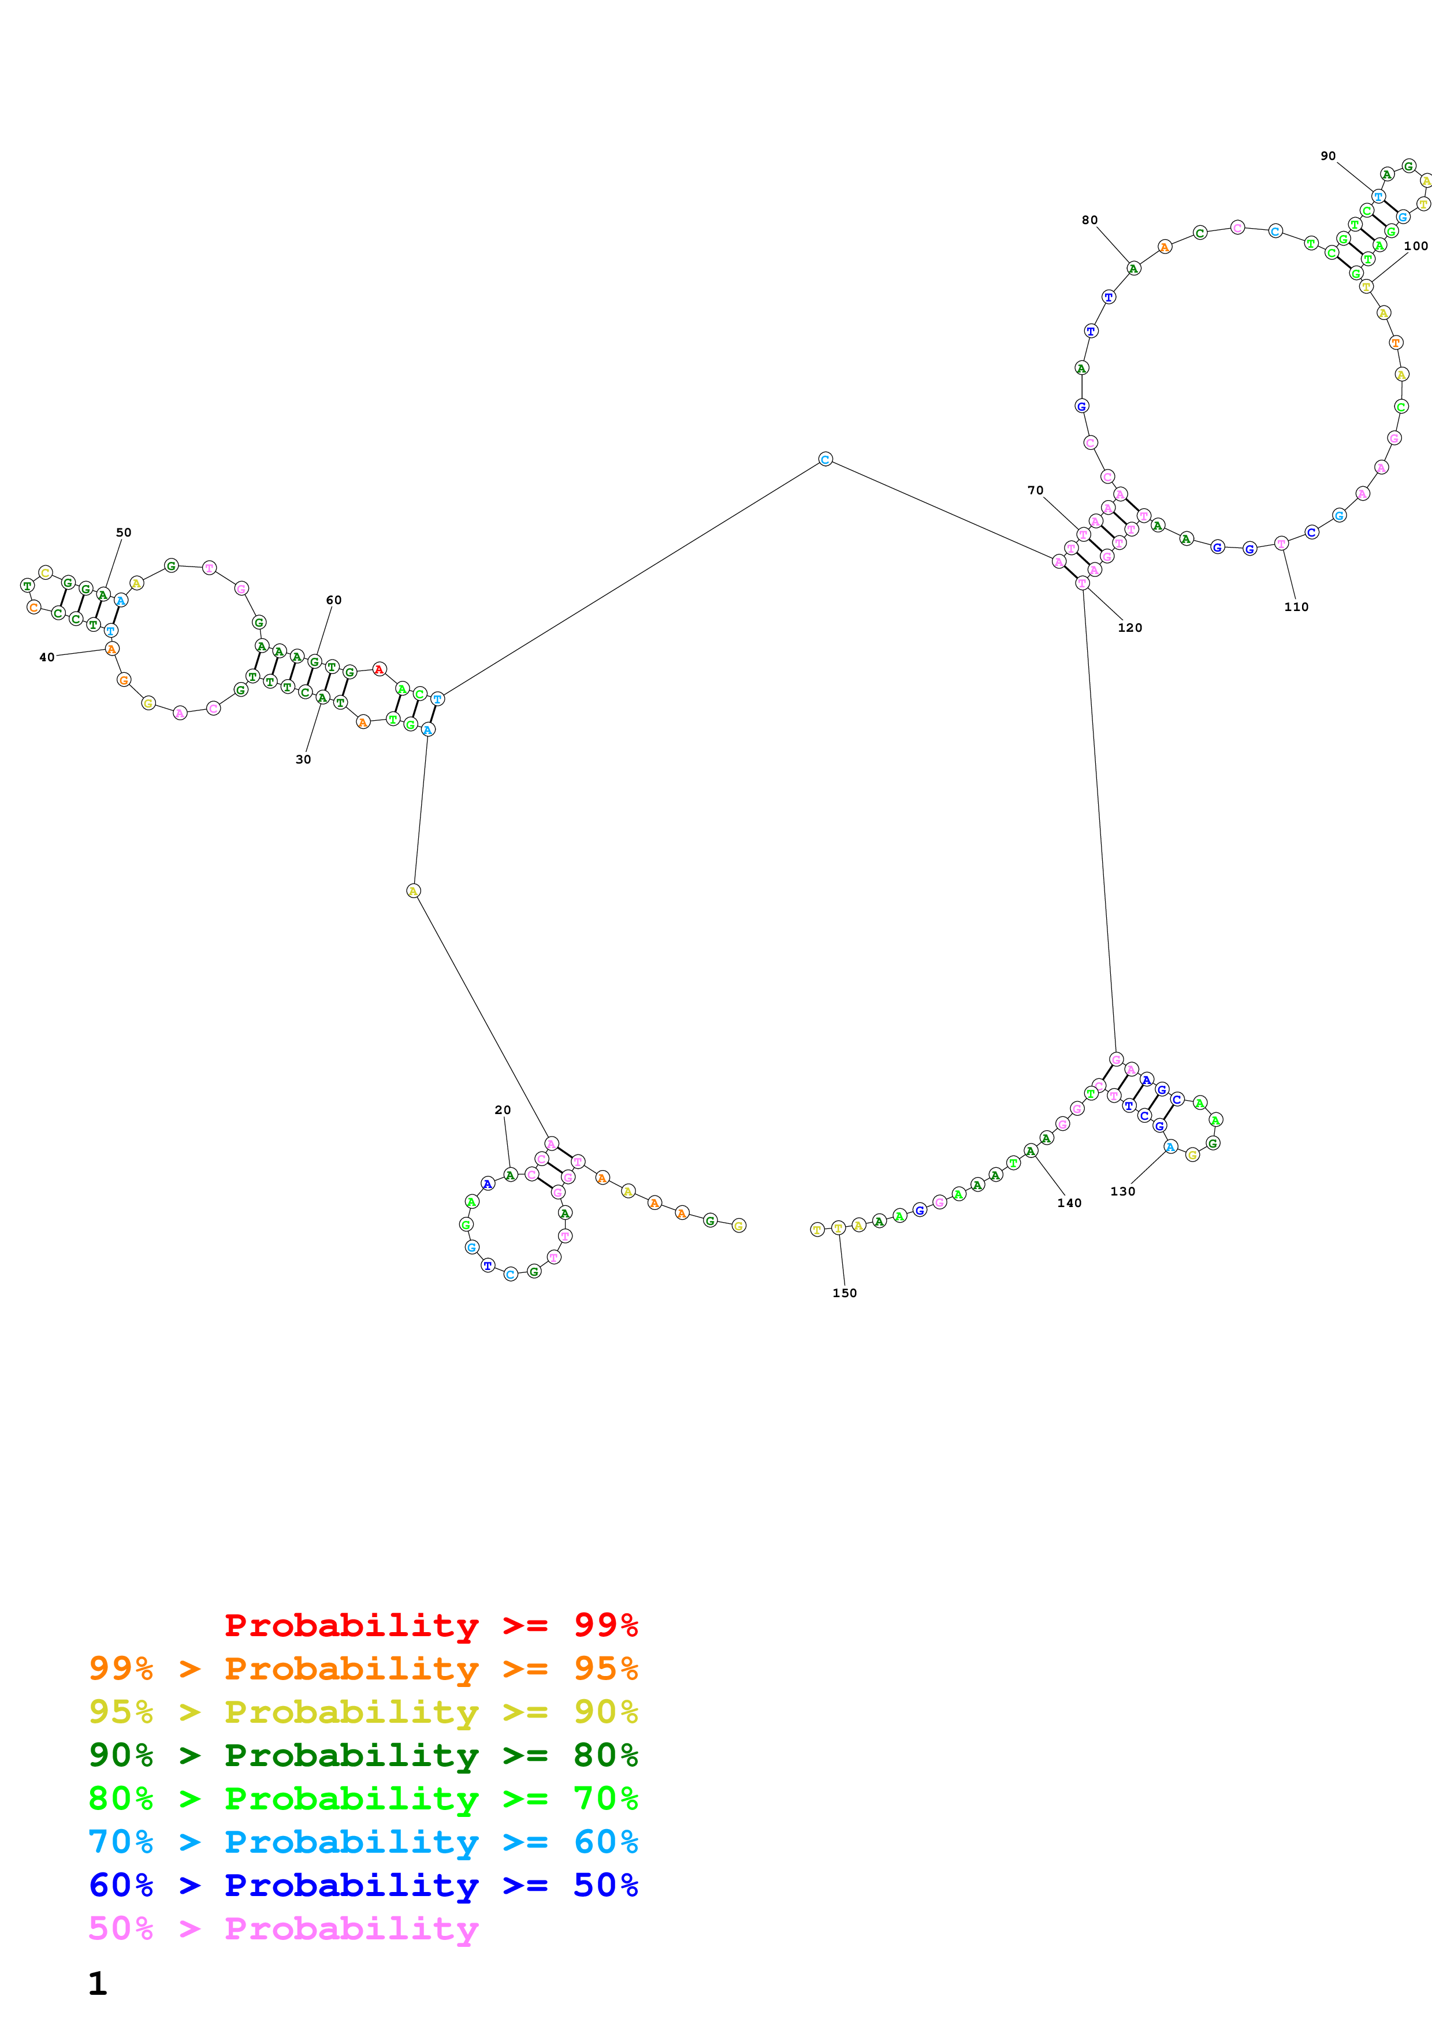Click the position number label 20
pyautogui.click(x=502, y=1110)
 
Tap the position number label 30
pyautogui.click(x=303, y=759)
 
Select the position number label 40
pyautogui.click(x=47, y=657)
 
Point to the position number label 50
pyautogui.click(x=124, y=532)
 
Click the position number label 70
pyautogui.click(x=1035, y=490)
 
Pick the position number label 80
pyautogui.click(x=1089, y=219)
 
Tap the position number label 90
pyautogui.click(x=1328, y=155)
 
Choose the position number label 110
pyautogui.click(x=1296, y=606)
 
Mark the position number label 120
pyautogui.click(x=1129, y=627)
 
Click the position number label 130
pyautogui.click(x=1122, y=1191)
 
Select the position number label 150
pyautogui.click(x=845, y=1293)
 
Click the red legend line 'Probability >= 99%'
pyautogui.click(x=430, y=1625)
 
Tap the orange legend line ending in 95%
pyautogui.click(x=363, y=1668)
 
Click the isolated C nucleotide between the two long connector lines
pyautogui.click(x=825, y=459)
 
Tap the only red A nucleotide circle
pyautogui.click(x=378, y=669)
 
